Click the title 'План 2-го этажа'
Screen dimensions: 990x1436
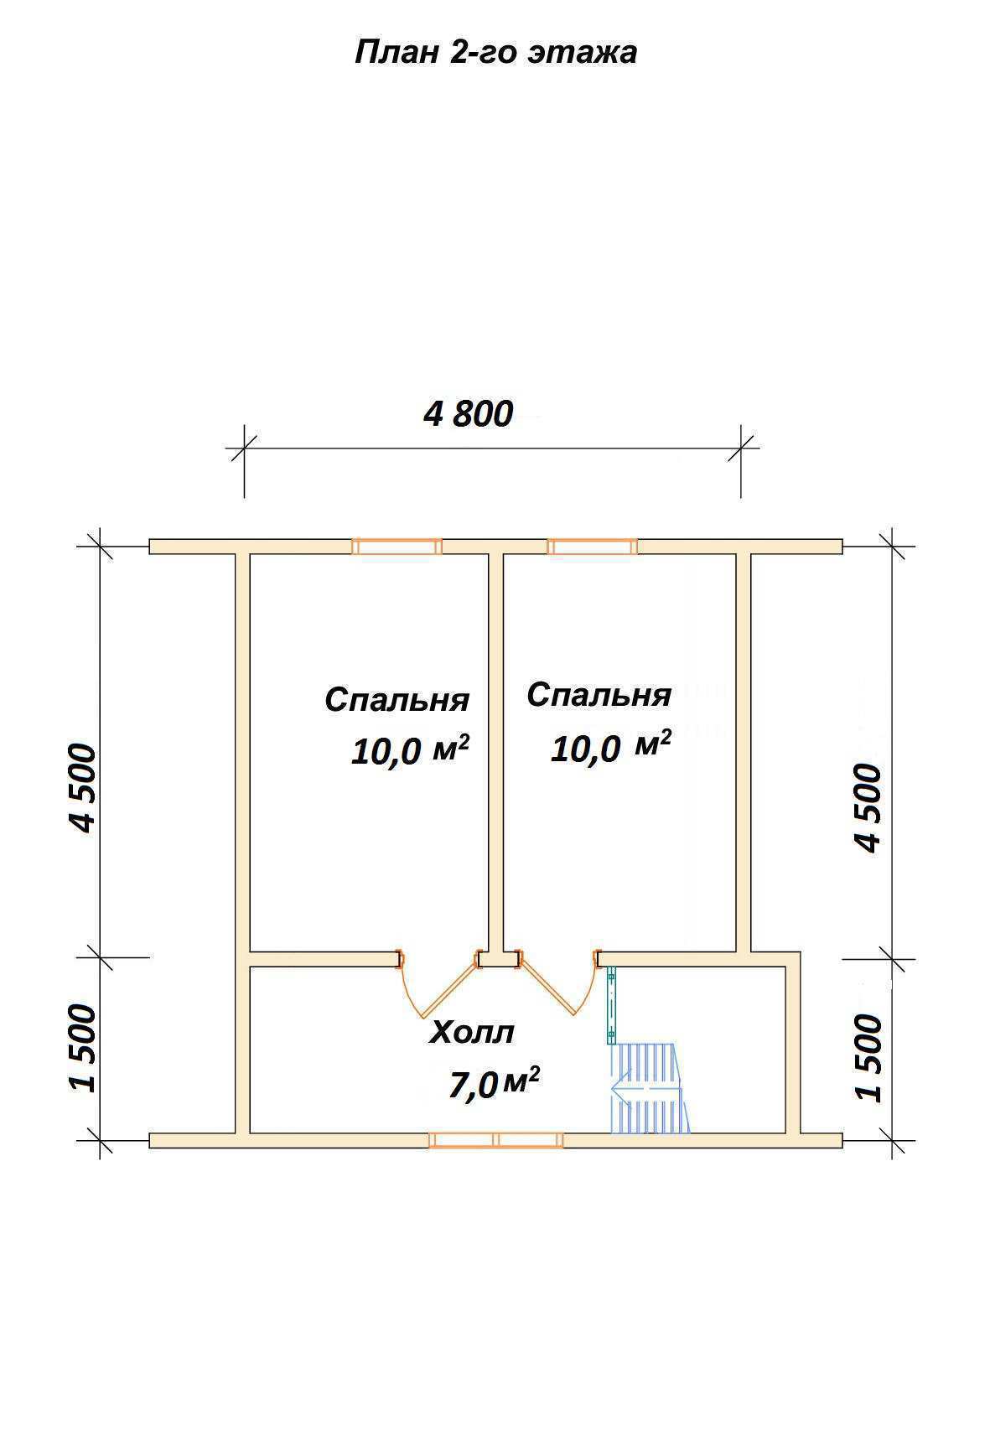click(x=495, y=53)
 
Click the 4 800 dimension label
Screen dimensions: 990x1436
click(x=468, y=413)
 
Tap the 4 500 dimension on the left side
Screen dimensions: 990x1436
click(x=84, y=788)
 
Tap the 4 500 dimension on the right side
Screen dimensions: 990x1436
click(x=868, y=807)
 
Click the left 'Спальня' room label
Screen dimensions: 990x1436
click(x=397, y=701)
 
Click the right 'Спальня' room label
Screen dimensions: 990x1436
click(x=599, y=696)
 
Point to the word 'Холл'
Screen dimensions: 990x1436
click(x=472, y=1033)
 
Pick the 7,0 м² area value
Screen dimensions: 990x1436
click(x=494, y=1083)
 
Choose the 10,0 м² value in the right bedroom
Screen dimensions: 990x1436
click(x=610, y=746)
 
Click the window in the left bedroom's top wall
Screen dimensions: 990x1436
click(x=397, y=547)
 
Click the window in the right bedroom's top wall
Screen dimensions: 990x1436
click(x=592, y=547)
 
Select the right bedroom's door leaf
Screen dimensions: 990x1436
click(x=547, y=988)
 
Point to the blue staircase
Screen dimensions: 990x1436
click(x=649, y=1089)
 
